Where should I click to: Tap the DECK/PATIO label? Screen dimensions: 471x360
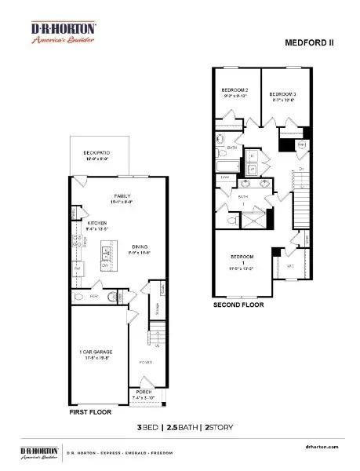(x=96, y=153)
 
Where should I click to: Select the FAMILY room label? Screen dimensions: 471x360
(x=122, y=195)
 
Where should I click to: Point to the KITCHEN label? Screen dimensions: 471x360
(x=96, y=223)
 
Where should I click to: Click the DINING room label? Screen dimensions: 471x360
(x=140, y=247)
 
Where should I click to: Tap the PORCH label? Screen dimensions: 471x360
(x=144, y=392)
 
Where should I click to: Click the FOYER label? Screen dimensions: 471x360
(x=145, y=363)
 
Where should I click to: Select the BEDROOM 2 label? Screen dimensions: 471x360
(x=235, y=91)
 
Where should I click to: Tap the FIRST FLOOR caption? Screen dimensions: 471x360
(x=89, y=411)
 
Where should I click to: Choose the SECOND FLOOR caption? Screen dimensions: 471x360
(x=238, y=304)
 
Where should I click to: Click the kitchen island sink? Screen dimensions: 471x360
(x=105, y=254)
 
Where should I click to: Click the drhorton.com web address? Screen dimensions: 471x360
(x=322, y=445)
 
